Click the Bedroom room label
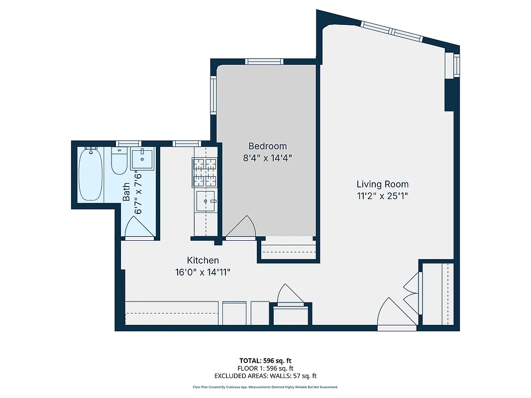(x=267, y=146)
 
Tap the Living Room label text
(x=382, y=185)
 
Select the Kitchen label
(x=203, y=260)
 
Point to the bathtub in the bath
(x=91, y=175)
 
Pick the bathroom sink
(x=142, y=159)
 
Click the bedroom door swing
(x=241, y=228)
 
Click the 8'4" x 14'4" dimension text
(x=267, y=158)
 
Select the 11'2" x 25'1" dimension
(x=382, y=196)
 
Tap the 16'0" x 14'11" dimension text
(x=203, y=272)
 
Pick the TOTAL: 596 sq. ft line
(x=265, y=361)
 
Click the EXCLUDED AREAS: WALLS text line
(x=265, y=376)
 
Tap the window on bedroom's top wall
(x=264, y=62)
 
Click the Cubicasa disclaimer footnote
(x=265, y=387)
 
